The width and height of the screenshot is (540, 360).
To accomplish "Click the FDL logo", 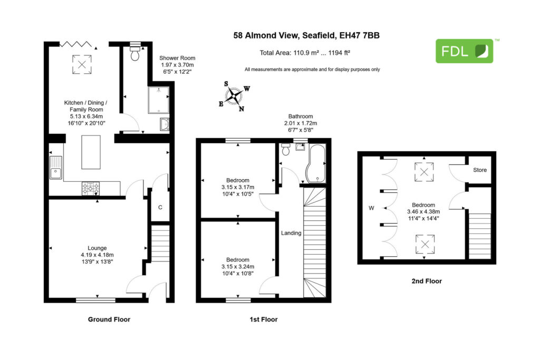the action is tap(464, 51).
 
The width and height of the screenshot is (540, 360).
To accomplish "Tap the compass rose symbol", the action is tap(234, 96).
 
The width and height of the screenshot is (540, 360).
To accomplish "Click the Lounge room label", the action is tap(97, 248).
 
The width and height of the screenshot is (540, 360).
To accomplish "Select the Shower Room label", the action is tap(177, 58).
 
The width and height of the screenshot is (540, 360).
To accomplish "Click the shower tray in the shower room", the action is tap(158, 100).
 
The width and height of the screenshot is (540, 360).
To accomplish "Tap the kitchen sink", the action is tap(55, 168).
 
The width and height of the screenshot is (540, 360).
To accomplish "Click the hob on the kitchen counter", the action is tap(91, 189).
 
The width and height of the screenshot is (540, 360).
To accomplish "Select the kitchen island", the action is tap(91, 152).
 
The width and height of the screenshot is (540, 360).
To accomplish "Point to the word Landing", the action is tap(291, 233).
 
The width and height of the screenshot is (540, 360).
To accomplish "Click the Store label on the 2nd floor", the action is tap(480, 170).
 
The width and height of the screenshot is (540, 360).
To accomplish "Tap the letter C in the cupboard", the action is tap(160, 207).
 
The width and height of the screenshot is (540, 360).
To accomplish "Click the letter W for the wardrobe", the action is tap(371, 208).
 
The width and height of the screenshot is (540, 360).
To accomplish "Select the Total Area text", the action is tap(305, 53).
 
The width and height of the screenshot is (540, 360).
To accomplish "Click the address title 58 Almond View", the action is tap(306, 35).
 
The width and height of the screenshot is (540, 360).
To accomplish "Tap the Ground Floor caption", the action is tap(109, 319).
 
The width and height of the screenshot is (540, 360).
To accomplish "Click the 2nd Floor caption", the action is tap(427, 281).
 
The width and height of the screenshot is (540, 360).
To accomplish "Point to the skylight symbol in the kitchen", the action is tap(82, 64).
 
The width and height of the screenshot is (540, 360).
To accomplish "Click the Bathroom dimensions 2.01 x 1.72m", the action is tap(301, 123).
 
